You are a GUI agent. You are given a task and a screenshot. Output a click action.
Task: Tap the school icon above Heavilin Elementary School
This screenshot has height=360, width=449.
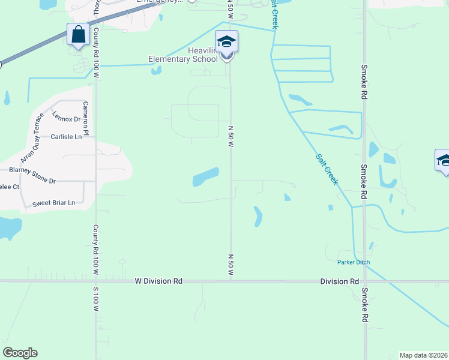tap(226, 41)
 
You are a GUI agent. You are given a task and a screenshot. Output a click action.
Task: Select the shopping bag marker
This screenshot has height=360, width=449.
tap(79, 35)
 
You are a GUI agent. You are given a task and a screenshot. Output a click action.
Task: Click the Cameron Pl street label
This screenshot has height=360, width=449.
tap(86, 118)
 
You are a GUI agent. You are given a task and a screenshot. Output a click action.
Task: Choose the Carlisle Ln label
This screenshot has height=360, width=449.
tap(65, 137)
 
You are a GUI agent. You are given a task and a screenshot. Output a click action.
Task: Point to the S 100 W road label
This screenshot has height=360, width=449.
tap(95, 298)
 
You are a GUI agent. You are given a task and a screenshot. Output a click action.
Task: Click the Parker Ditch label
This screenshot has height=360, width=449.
tap(354, 262)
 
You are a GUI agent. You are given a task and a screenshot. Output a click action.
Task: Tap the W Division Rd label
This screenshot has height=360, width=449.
tap(158, 281)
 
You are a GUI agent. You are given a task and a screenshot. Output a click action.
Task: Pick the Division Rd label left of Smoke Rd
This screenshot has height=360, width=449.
tap(339, 281)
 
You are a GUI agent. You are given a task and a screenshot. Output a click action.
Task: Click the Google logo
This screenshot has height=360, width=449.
tap(20, 353)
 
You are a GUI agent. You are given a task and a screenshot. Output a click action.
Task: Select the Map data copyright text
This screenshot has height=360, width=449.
tap(423, 355)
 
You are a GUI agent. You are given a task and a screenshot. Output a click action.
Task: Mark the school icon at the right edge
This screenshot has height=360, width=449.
tap(443, 160)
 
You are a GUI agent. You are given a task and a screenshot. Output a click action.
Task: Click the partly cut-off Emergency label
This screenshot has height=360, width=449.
tap(160, 2)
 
